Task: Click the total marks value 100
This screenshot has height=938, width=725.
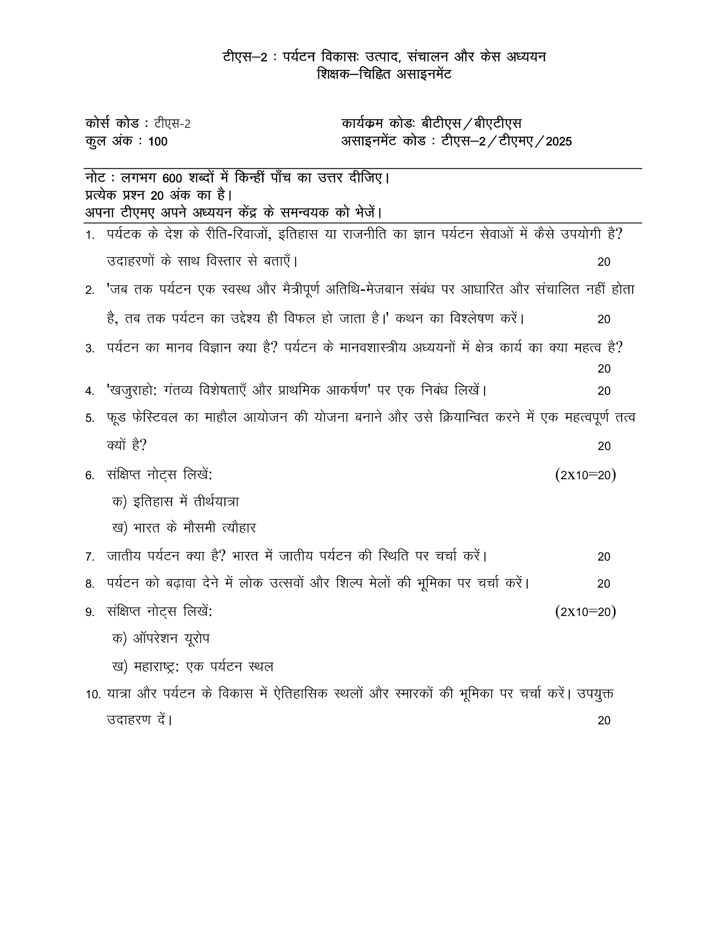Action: tap(158, 142)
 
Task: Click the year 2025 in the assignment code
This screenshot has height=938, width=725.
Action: tap(558, 142)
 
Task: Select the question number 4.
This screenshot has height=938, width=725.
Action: tap(89, 391)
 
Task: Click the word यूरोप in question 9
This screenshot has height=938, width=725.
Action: tap(197, 639)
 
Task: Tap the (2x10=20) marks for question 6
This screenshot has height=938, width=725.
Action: tap(586, 475)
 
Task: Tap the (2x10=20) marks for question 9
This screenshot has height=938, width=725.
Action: tap(586, 611)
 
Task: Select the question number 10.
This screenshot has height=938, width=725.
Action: tap(93, 695)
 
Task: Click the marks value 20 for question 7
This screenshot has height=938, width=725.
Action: tap(603, 556)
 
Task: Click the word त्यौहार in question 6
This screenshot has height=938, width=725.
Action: tap(238, 528)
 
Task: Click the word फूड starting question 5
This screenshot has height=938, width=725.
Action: tap(116, 418)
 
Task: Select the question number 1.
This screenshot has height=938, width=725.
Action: tap(89, 235)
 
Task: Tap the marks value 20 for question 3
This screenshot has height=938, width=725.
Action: tap(603, 369)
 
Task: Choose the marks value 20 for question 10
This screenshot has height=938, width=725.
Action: tap(603, 721)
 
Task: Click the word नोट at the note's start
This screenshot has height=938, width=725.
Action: tap(95, 178)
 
